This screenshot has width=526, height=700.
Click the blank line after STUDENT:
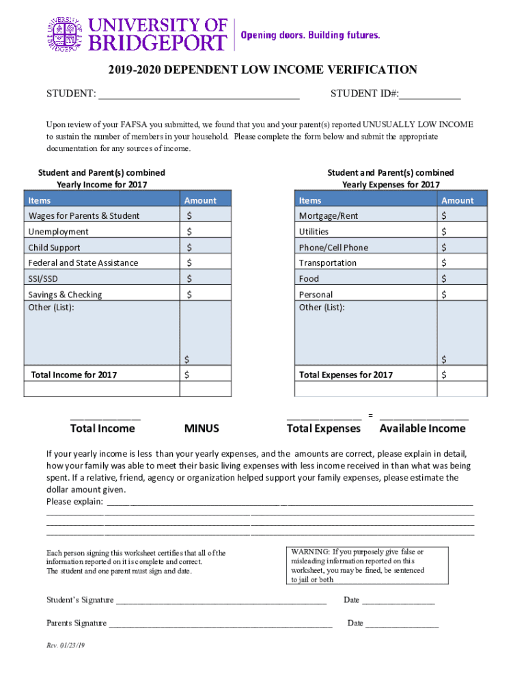pos(199,94)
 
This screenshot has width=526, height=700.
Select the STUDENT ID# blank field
pos(430,94)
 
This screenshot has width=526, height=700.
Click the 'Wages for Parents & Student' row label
pos(84,216)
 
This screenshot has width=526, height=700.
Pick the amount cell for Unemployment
pos(206,232)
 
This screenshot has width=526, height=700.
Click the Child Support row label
pos(54,247)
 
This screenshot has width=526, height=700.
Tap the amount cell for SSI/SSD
pos(206,279)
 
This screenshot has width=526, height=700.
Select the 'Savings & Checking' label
pos(65,295)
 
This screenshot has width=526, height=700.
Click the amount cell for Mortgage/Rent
pos(462,216)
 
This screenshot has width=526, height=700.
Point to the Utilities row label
pos(314,232)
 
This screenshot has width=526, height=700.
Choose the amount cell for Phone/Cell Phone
pos(462,247)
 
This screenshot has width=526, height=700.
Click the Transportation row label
pos(327,263)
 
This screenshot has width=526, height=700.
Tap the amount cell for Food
pos(462,279)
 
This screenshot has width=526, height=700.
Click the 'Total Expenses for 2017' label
pos(346,375)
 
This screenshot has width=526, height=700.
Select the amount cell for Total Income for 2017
pos(206,375)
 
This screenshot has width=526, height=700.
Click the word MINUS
pos(202,429)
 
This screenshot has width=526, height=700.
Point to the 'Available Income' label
pos(422,429)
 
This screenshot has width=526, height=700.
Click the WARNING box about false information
pos(367,565)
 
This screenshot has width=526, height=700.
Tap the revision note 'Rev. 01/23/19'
pos(66,645)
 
